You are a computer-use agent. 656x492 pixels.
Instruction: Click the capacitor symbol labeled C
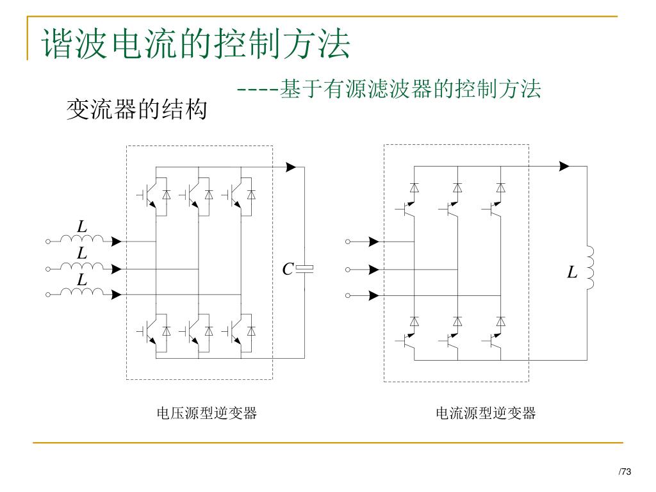(x=305, y=268)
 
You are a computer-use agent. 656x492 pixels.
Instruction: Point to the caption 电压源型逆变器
(x=207, y=413)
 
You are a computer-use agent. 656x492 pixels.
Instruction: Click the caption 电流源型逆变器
(x=486, y=413)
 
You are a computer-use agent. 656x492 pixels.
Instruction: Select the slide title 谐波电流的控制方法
(x=196, y=44)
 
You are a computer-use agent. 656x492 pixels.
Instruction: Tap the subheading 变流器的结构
(x=137, y=110)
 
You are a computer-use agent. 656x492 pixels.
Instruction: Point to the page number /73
(x=625, y=472)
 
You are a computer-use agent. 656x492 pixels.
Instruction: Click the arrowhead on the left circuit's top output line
(x=291, y=167)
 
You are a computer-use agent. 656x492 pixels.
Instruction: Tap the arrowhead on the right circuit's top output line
(x=564, y=167)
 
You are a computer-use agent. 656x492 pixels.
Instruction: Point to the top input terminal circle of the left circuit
(x=48, y=242)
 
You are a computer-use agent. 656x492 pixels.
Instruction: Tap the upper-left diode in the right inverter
(x=414, y=188)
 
